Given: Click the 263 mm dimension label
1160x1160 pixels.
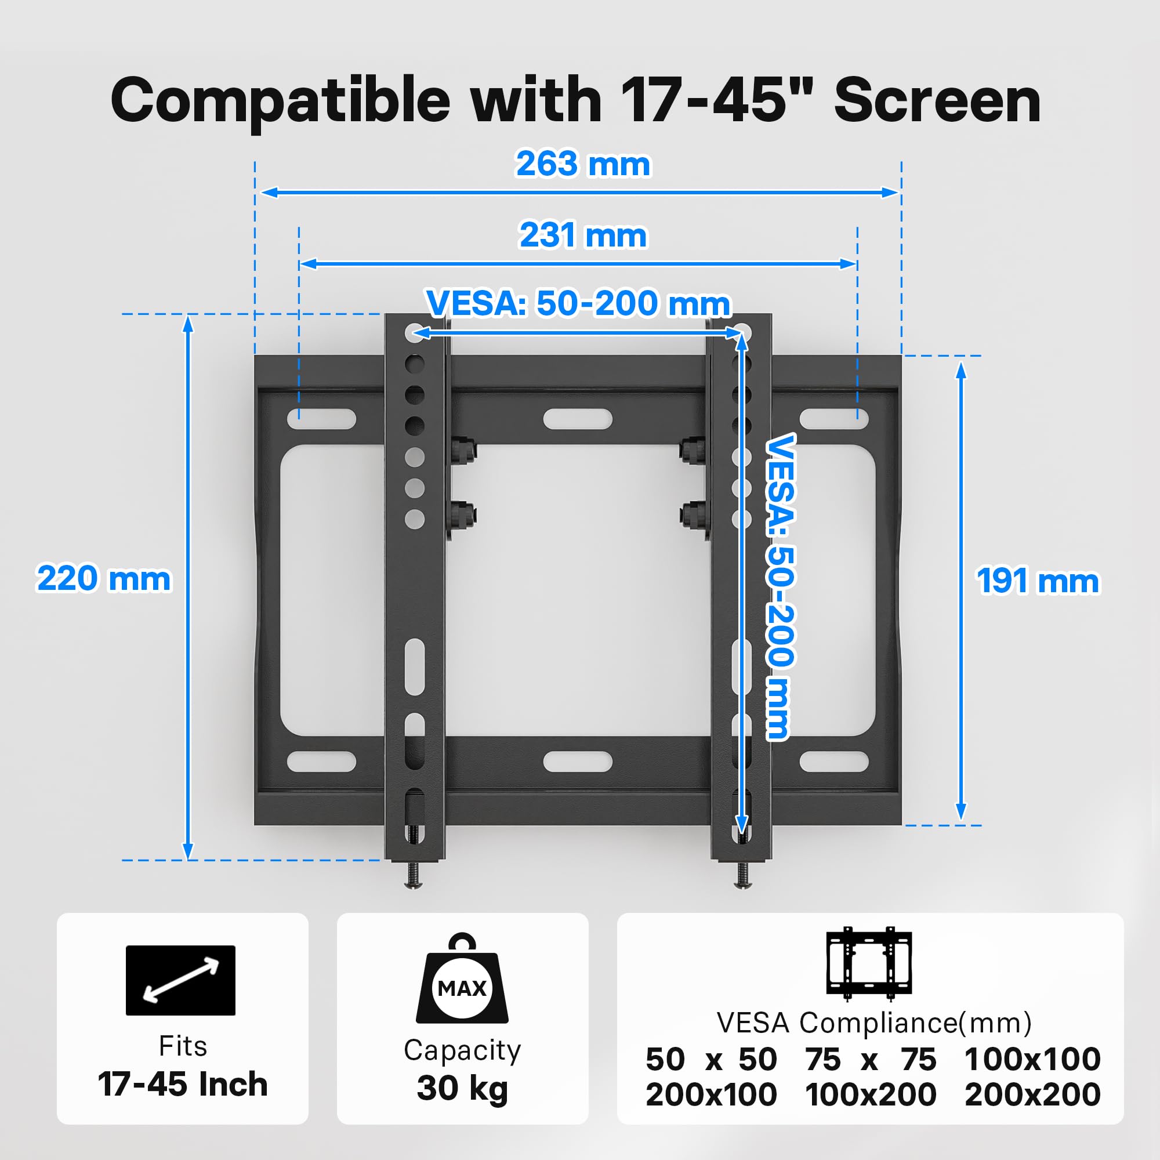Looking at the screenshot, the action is click(x=583, y=164).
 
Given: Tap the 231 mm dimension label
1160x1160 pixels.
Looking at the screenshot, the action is click(x=583, y=235).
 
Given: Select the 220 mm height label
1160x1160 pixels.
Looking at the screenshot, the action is click(x=104, y=578).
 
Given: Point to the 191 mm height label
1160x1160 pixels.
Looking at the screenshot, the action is click(x=1038, y=581).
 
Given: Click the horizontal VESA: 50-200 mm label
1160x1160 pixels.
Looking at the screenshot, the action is click(x=578, y=303).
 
